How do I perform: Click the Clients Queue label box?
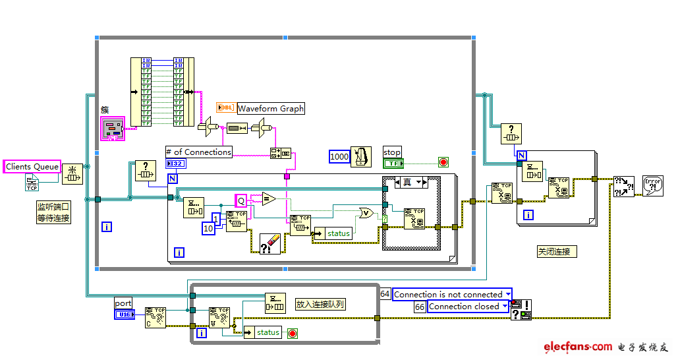pos(32,167)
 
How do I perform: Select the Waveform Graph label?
pos(271,108)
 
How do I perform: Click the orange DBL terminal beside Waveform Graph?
pos(225,108)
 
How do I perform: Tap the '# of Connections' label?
pos(199,152)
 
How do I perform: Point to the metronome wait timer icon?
pos(361,156)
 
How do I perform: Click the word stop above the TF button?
pos(392,152)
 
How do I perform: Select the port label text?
pos(123,303)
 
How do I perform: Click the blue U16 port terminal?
pos(124,315)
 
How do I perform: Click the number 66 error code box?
pos(420,307)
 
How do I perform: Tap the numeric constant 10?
pos(208,228)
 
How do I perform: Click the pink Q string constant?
pos(241,200)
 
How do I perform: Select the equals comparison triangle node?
pos(268,198)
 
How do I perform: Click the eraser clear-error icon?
pos(270,243)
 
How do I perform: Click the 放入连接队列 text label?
pos(320,304)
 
